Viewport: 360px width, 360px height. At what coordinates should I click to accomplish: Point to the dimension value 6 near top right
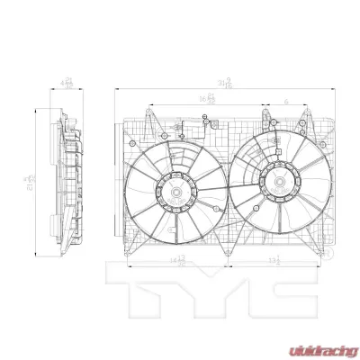tap(285, 102)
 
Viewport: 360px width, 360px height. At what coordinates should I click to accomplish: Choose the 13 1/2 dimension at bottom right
tap(274, 260)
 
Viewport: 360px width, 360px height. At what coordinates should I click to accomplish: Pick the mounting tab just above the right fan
tap(266, 115)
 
